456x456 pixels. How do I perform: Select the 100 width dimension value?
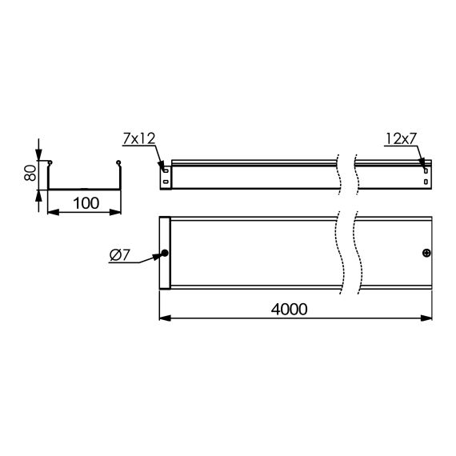[x=84, y=203]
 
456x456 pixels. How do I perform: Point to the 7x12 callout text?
[x=138, y=139]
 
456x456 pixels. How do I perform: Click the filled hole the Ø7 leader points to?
[x=165, y=254]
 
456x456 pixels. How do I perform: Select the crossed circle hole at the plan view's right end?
[x=426, y=254]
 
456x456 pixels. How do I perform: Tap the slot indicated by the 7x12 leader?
[x=165, y=169]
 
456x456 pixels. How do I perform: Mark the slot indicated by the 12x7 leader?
[x=425, y=168]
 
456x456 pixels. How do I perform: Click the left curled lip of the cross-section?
[x=50, y=165]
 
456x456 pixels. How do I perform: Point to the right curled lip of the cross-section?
[x=119, y=165]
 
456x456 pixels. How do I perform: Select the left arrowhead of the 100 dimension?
[x=51, y=213]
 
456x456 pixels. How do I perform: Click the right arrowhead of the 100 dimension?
[x=118, y=213]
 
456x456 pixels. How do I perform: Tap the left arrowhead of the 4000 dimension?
[x=165, y=319]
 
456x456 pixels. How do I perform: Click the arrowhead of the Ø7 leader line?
[x=160, y=254]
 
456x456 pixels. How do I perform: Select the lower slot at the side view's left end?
[x=165, y=181]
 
